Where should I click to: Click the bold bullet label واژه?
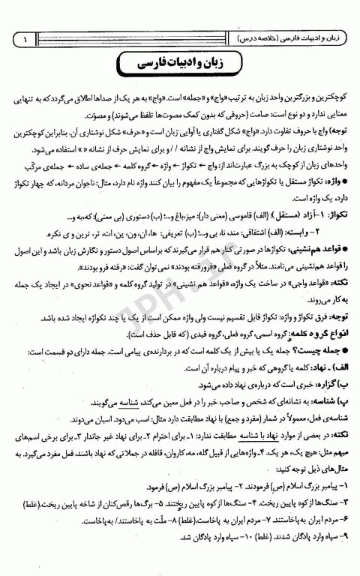coord(332,182)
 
